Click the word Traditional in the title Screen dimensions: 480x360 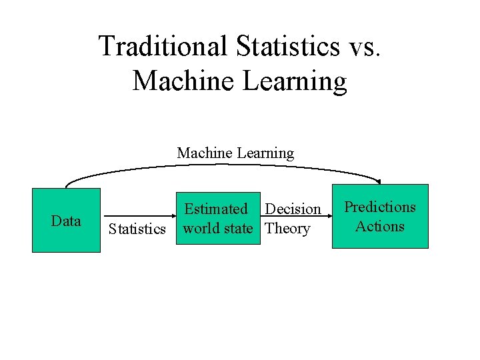163,47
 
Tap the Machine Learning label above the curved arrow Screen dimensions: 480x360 235,153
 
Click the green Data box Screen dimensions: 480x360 66,221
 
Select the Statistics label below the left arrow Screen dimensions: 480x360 137,229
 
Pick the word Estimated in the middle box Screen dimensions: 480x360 215,209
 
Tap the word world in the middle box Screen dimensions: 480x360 201,229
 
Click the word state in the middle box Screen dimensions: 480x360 238,229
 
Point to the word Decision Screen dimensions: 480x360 293,209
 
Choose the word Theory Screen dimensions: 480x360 287,229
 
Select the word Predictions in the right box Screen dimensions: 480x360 379,207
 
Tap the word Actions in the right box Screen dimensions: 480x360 379,227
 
